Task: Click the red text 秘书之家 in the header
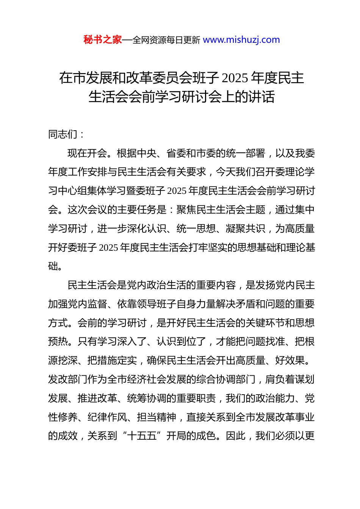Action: (x=102, y=40)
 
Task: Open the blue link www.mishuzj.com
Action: (x=241, y=40)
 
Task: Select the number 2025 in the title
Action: (x=235, y=78)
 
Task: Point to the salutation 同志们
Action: (x=63, y=134)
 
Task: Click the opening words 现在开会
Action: (x=87, y=153)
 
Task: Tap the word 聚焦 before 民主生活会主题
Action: (x=186, y=210)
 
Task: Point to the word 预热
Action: (x=58, y=342)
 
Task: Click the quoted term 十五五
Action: (x=142, y=436)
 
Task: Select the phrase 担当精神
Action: (x=157, y=417)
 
